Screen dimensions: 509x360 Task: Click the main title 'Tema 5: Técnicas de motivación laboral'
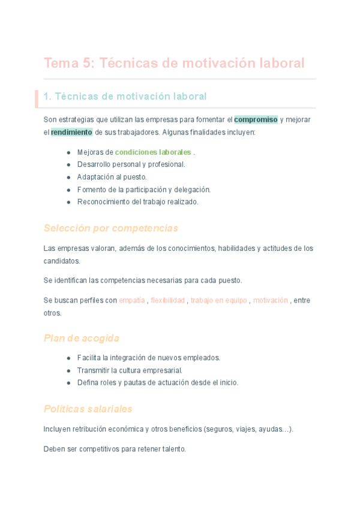174,63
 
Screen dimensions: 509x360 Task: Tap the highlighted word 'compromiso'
256,119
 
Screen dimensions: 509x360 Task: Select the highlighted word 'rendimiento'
71,132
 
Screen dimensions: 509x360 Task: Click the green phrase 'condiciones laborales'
153,152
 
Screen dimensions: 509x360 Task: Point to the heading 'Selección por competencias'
111,228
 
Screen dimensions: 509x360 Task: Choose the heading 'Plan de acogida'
82,338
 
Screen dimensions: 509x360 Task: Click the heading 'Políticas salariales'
88,409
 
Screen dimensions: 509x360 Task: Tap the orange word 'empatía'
132,300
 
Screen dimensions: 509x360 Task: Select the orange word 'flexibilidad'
167,300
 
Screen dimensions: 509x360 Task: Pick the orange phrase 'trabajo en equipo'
219,300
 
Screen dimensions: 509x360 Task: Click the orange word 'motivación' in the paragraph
271,300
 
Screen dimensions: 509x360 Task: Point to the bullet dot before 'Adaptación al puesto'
69,177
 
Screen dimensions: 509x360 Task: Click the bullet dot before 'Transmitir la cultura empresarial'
69,370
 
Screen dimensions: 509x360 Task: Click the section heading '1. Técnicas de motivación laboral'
125,96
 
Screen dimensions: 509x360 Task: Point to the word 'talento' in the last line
175,448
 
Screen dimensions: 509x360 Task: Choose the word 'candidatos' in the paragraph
62,261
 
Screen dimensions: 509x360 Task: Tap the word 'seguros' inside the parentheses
218,429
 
